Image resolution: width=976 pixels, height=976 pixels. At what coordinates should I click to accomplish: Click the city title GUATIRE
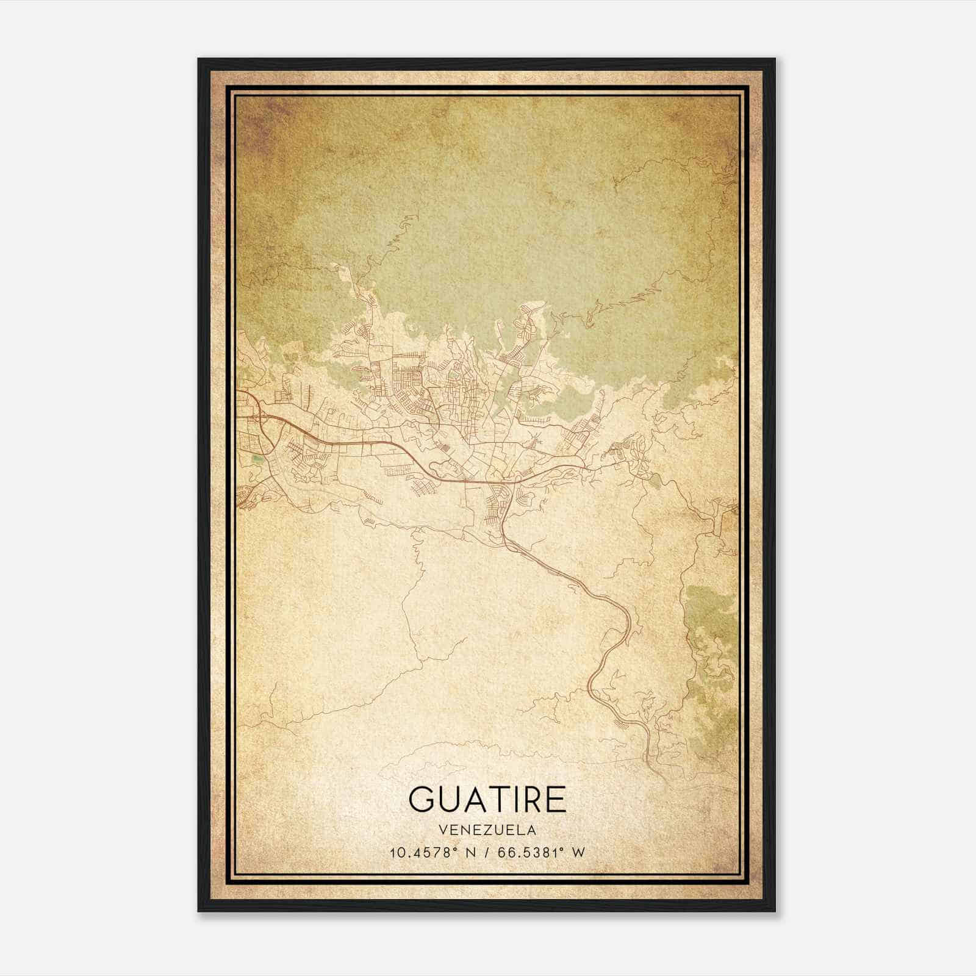click(x=487, y=800)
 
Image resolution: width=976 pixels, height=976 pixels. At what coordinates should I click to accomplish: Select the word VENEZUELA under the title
click(x=487, y=830)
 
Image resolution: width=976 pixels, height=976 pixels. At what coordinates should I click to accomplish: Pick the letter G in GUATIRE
click(x=422, y=800)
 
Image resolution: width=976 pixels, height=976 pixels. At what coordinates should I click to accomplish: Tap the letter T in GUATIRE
click(x=490, y=800)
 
